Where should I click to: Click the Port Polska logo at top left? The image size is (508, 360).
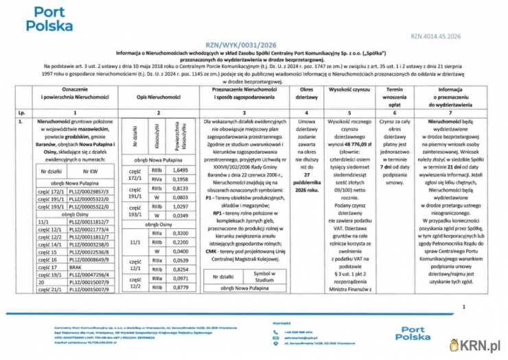[x=45, y=20]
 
